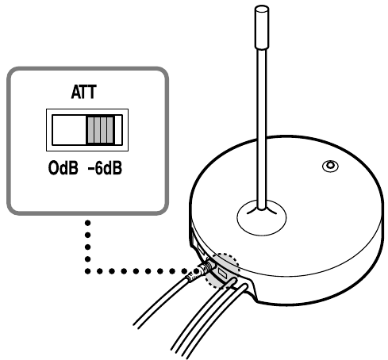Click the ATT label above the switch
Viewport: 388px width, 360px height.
click(x=84, y=92)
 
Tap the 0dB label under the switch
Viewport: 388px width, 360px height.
click(x=63, y=168)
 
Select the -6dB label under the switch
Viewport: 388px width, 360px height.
click(x=105, y=168)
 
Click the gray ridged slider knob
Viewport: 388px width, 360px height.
click(x=101, y=130)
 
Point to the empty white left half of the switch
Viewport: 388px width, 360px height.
click(x=69, y=130)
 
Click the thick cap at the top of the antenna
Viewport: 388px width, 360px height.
click(x=262, y=28)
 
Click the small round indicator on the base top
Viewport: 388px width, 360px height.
click(x=330, y=166)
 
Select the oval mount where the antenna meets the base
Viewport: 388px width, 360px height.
click(x=262, y=217)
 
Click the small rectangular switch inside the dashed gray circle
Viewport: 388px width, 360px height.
click(x=222, y=273)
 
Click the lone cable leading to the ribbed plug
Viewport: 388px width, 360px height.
click(x=161, y=304)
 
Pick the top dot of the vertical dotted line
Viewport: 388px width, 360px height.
click(x=88, y=223)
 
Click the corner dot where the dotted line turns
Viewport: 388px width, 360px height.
click(x=88, y=271)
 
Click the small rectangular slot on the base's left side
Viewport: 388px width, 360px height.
click(x=200, y=249)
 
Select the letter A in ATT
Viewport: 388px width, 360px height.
click(x=76, y=92)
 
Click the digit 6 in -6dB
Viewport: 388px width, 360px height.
click(x=99, y=168)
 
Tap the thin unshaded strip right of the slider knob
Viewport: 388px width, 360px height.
click(x=118, y=130)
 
